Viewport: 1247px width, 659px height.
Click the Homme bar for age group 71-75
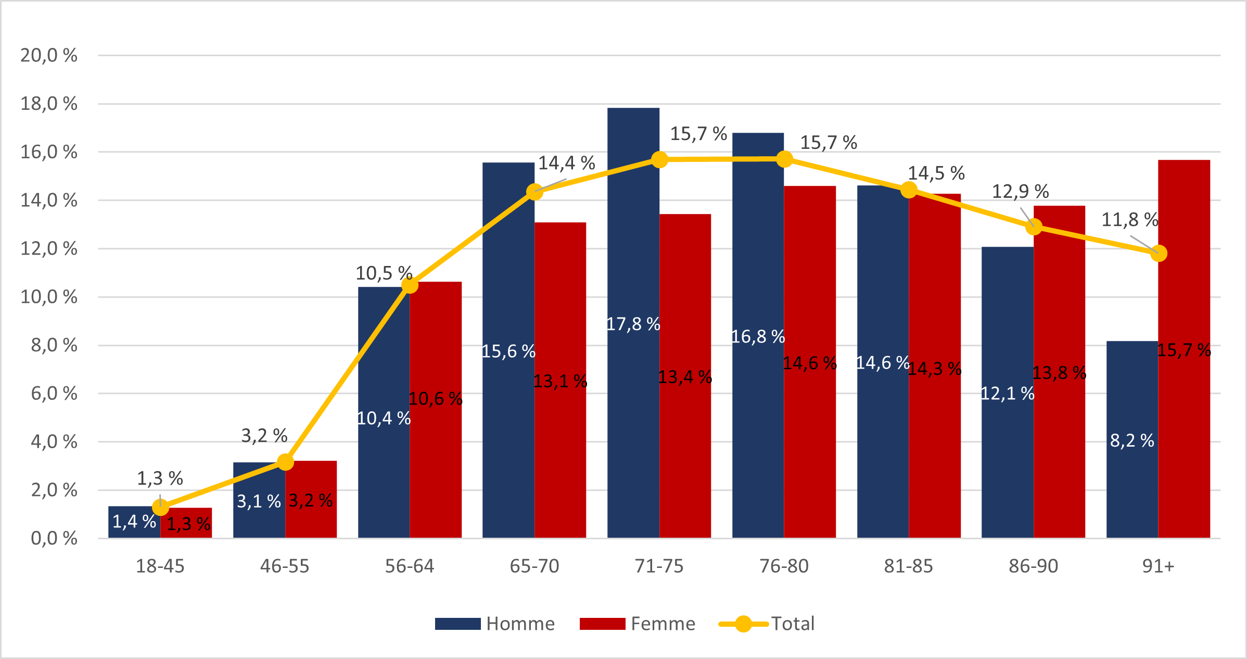pyautogui.click(x=633, y=323)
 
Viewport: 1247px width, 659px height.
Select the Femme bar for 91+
pyautogui.click(x=1184, y=349)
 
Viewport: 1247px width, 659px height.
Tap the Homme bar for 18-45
pyautogui.click(x=134, y=522)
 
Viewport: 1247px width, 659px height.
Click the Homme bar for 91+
pyautogui.click(x=1132, y=440)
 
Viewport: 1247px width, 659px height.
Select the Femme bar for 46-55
pyautogui.click(x=311, y=500)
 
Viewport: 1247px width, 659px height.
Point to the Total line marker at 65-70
pyautogui.click(x=535, y=192)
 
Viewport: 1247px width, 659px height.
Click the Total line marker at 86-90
pyautogui.click(x=1034, y=226)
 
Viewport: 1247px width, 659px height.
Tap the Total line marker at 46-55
pyautogui.click(x=285, y=462)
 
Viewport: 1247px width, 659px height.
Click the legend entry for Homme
pyautogui.click(x=494, y=624)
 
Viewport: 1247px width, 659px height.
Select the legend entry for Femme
pyautogui.click(x=638, y=624)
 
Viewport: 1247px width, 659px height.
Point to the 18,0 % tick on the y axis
pyautogui.click(x=49, y=104)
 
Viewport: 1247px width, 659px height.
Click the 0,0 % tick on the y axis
pyautogui.click(x=54, y=538)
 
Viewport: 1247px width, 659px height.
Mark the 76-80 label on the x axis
pyautogui.click(x=784, y=566)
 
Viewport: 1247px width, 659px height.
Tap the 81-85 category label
pyautogui.click(x=909, y=566)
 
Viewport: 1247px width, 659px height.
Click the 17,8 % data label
pyautogui.click(x=633, y=324)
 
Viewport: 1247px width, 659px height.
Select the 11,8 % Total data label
pyautogui.click(x=1129, y=220)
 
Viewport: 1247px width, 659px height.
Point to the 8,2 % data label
pyautogui.click(x=1132, y=441)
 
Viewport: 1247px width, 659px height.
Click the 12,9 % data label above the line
pyautogui.click(x=1020, y=192)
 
